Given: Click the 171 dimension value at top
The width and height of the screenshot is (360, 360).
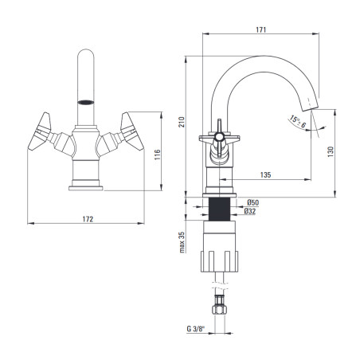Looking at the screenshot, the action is tap(260, 29).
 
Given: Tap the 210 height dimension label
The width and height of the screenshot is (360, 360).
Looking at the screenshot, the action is tap(182, 122).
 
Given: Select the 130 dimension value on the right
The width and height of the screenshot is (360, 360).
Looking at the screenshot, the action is tap(331, 151).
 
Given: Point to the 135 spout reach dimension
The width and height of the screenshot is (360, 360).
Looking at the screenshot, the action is tap(265, 174).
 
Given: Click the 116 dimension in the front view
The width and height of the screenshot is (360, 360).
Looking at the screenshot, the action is tap(158, 155).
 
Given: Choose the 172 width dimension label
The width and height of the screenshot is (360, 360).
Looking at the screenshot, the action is tap(88, 219).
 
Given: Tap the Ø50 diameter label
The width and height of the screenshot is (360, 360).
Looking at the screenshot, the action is tap(252, 202).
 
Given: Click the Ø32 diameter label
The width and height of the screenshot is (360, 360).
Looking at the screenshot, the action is tap(250, 211).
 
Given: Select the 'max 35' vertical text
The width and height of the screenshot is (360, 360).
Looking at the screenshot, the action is tap(182, 242).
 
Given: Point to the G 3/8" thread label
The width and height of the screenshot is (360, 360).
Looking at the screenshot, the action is tap(196, 329).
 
